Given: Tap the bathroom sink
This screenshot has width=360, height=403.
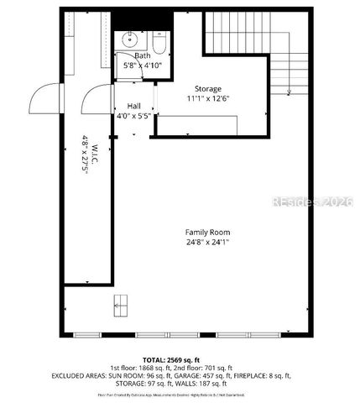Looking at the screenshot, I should [x=130, y=39].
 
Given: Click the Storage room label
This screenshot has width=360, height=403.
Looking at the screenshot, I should [x=208, y=88].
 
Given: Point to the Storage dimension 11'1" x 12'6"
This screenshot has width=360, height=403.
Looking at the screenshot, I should [x=208, y=98].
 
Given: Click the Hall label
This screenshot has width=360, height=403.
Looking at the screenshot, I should [x=133, y=106].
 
